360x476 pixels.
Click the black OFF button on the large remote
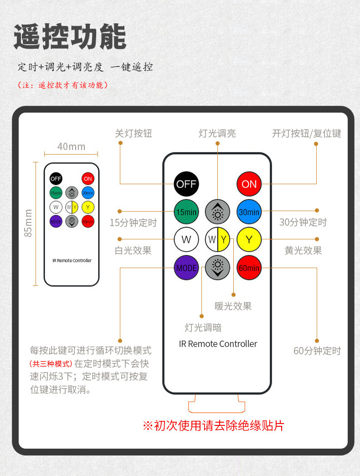coord(186,184)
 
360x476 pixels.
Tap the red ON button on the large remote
coord(249,184)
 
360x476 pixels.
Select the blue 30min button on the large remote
coord(249,212)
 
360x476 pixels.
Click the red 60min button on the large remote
coord(249,268)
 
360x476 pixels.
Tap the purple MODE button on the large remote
coord(186,268)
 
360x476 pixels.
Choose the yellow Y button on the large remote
coord(249,239)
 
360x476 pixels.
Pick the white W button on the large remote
coord(186,239)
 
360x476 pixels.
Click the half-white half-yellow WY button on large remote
coord(218,239)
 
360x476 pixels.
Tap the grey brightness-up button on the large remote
coord(218,212)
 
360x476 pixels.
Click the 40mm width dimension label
coord(71,146)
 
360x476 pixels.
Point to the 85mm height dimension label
coord(28,223)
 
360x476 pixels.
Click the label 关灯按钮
coord(133,134)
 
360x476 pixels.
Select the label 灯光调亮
coord(217,134)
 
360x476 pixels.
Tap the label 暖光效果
coord(233,306)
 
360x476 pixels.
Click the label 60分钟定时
coord(317,351)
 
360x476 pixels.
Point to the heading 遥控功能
coord(69,37)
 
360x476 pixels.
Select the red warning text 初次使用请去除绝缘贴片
coord(213,425)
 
